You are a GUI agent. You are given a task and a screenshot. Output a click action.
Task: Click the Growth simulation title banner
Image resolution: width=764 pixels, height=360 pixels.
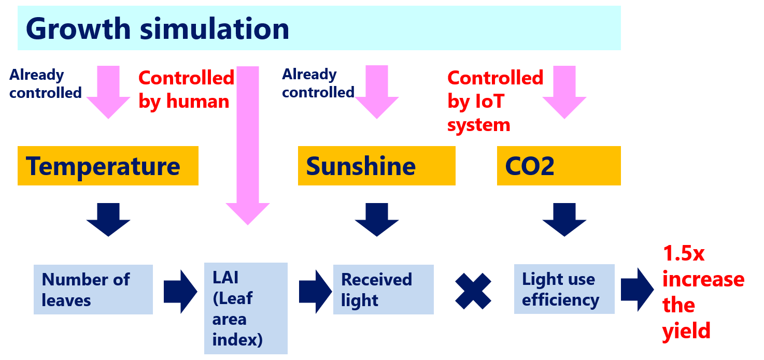point(319,28)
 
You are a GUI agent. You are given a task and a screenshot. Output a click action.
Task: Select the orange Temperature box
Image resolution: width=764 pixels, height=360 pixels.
point(108,166)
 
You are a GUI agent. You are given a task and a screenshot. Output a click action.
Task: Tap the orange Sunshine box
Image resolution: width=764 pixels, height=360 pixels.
point(376,166)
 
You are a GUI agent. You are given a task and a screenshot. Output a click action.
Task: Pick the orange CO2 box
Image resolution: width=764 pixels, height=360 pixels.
point(558,166)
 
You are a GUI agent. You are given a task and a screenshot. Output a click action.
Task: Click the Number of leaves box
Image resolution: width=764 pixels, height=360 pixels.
point(93,290)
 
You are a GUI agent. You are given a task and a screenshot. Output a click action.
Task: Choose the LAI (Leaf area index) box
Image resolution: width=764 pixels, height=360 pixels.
point(246,308)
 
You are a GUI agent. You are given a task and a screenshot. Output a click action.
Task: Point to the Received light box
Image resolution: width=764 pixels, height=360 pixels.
point(383,290)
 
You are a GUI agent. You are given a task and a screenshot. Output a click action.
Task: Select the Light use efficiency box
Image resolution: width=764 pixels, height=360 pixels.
point(564,290)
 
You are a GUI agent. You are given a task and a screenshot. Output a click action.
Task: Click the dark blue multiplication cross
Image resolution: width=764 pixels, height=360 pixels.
point(473,291)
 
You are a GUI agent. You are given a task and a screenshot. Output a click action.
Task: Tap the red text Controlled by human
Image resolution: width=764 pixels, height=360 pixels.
point(186,90)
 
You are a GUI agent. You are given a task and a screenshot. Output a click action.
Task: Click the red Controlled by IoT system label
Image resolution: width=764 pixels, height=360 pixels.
point(494,101)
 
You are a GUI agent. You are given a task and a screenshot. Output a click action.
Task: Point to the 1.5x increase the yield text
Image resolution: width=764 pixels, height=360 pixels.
point(702,292)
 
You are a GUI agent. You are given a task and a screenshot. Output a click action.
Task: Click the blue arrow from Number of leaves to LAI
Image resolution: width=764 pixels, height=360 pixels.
point(180,291)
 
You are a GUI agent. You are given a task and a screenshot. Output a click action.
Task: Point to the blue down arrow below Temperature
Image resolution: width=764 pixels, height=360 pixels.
point(108,219)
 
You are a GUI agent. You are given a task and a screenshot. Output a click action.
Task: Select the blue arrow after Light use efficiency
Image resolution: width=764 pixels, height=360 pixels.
point(636,290)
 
